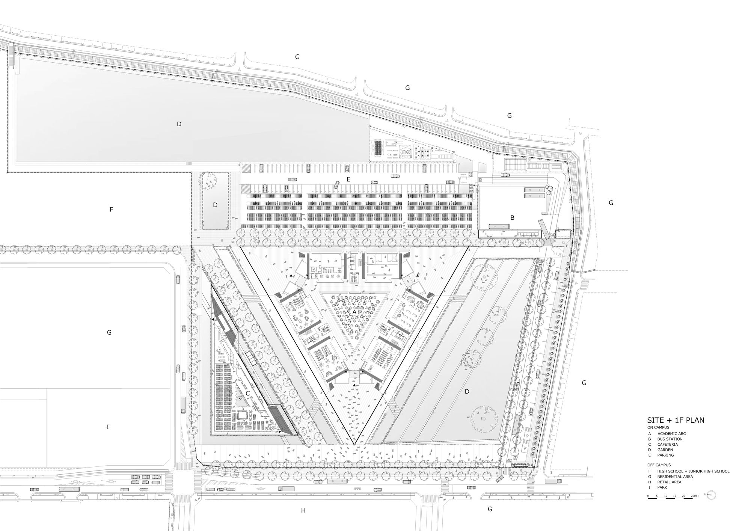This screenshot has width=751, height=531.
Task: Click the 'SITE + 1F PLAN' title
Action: [x=676, y=420]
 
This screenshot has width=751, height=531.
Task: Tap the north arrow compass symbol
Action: [x=712, y=495]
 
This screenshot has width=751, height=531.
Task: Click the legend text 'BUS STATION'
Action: [x=670, y=439]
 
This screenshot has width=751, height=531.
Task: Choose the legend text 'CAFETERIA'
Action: [x=668, y=444]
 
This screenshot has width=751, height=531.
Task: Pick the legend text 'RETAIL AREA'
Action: [x=669, y=482]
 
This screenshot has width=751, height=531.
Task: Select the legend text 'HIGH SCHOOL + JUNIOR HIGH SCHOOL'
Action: [x=693, y=471]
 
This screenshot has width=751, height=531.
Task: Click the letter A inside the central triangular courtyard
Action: [x=354, y=312]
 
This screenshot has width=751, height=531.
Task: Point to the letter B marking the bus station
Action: [x=512, y=217]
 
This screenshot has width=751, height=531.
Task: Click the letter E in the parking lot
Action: [x=348, y=180]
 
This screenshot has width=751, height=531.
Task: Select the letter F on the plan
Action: [x=111, y=210]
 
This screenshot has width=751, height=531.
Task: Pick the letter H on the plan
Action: [x=303, y=510]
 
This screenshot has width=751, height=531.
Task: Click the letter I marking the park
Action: [x=108, y=427]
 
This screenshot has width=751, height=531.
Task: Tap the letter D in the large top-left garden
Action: [x=179, y=124]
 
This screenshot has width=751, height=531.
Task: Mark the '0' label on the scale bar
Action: [x=648, y=496]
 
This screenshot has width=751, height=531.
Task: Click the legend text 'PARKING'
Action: [x=665, y=455]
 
